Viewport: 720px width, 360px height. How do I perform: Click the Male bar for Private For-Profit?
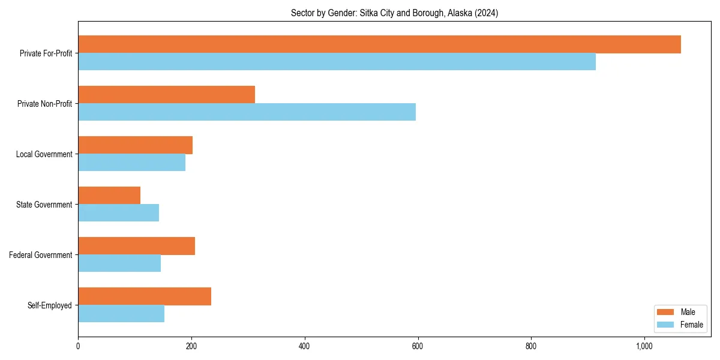379,44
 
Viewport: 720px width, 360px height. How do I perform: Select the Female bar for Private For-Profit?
337,62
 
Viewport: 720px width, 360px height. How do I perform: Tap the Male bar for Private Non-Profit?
166,95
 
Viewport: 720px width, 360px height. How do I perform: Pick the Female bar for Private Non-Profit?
247,112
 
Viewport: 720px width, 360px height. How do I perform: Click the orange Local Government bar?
135,145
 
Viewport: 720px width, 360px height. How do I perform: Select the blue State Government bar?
118,213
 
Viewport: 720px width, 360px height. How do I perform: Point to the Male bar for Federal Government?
136,246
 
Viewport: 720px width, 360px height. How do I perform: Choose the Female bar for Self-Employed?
121,314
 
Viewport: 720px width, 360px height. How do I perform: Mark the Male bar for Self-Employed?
145,296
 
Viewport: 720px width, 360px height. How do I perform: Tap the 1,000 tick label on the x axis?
644,346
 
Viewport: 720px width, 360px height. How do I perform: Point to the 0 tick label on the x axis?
78,346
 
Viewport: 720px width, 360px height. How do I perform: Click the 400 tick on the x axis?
304,346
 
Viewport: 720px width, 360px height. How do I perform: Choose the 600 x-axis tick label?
418,346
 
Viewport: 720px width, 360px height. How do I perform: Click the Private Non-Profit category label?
44,104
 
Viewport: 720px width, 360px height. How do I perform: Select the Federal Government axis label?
41,255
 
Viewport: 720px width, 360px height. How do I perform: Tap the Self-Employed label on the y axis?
50,305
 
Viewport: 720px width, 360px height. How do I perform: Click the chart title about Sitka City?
394,13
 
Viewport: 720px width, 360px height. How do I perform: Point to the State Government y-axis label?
44,205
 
